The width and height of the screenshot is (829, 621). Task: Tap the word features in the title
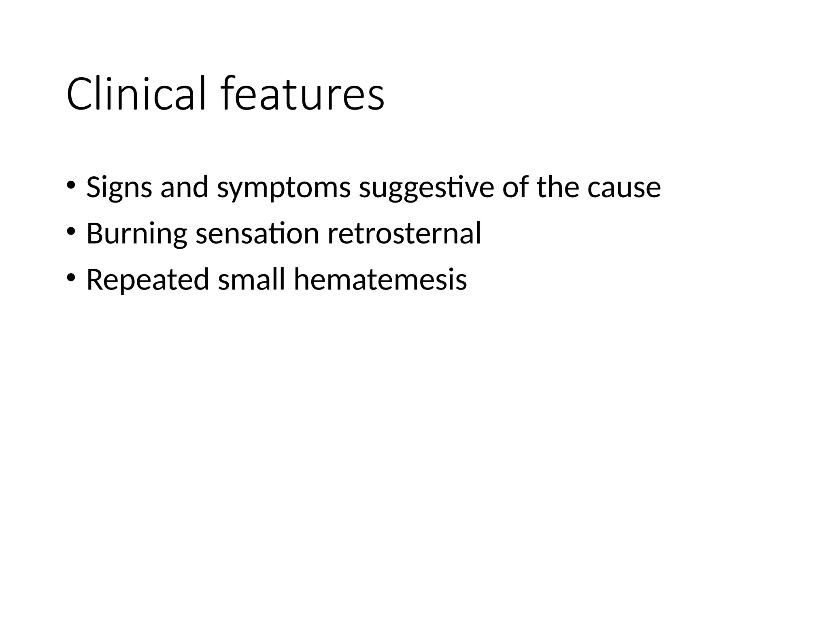(303, 94)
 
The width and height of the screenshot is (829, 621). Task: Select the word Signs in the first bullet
(119, 188)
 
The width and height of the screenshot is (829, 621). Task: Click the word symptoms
(284, 188)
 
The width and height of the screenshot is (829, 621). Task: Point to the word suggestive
(427, 188)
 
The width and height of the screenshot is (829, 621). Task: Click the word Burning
(136, 234)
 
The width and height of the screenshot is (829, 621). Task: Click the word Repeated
(148, 280)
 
